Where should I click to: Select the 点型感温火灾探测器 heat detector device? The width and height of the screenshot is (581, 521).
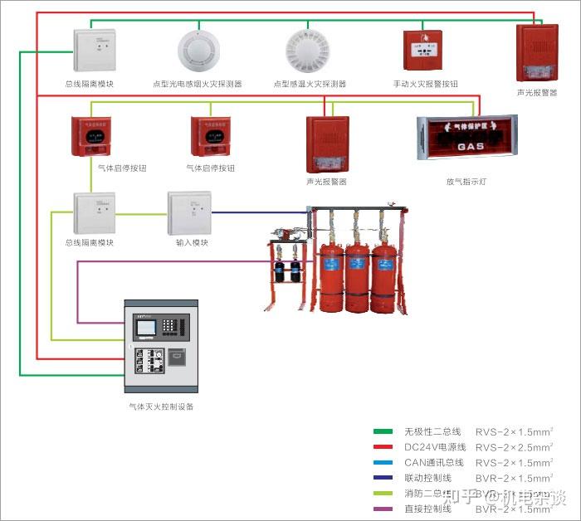pos(308,50)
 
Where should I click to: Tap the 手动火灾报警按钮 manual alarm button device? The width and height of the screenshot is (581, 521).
pos(426,51)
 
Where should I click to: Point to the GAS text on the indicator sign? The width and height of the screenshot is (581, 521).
pos(471,146)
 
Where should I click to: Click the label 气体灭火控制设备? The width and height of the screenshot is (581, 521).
pos(162,407)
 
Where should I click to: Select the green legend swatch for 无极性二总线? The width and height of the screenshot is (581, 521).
pos(383,431)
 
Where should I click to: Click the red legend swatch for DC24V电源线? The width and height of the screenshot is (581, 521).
pos(383,446)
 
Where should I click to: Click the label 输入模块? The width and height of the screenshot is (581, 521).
pos(192,243)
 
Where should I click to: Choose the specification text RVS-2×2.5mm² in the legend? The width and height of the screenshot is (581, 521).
pos(514,447)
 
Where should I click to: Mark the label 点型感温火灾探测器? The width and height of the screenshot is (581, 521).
pos(310,84)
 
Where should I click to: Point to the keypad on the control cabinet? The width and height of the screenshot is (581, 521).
pos(173,326)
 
